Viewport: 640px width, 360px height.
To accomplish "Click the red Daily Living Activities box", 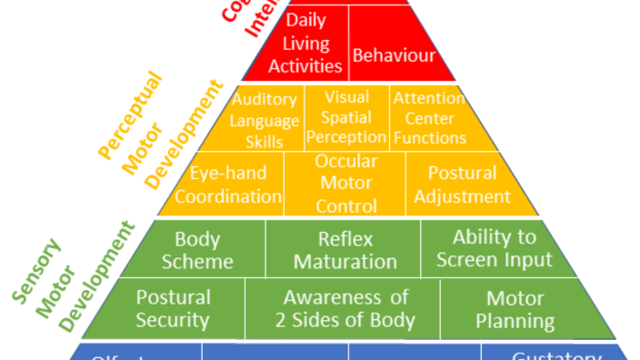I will coord(312,44).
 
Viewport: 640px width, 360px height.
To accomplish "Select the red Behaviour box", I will coord(394,55).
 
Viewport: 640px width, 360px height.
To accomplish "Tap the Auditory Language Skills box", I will coord(264,120).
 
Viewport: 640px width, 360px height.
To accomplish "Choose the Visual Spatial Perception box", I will coord(346,117).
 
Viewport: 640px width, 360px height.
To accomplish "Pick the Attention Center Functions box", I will coord(429,117).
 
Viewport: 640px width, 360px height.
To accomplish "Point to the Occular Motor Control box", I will coord(345,184).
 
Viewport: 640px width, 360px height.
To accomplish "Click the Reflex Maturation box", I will coord(345,250).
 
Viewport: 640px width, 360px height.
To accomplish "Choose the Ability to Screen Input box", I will coord(494,248).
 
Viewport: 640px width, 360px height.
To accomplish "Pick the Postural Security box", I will coord(173,309).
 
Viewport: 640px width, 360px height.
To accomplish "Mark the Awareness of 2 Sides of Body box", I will coord(345,309).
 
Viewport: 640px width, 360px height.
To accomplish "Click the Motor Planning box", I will coord(515,309).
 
